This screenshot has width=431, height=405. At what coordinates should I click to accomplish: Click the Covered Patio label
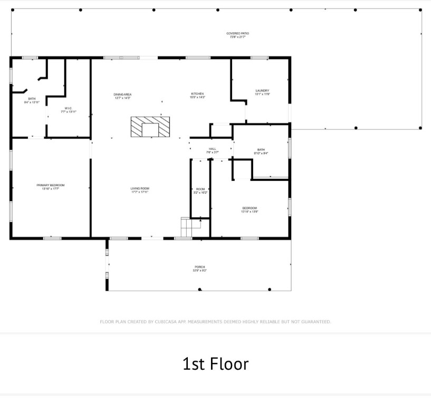237,33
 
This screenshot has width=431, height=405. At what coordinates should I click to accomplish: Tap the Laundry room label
262,91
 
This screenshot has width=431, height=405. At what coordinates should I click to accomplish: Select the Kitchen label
197,94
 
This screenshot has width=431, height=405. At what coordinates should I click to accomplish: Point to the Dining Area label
122,94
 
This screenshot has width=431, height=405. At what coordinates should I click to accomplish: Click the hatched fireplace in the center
150,127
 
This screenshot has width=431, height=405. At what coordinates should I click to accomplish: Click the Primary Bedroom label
51,185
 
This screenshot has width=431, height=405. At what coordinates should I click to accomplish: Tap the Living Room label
140,188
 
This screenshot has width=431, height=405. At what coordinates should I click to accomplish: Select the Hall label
212,149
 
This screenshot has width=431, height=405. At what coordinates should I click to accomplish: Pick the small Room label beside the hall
200,189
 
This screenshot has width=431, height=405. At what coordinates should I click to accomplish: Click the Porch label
199,267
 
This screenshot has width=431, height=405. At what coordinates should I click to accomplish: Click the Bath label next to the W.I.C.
32,99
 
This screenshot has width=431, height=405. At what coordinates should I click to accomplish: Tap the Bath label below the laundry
261,150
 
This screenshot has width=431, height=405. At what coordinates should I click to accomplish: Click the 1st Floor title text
215,364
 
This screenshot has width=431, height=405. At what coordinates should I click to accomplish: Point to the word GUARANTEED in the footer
314,322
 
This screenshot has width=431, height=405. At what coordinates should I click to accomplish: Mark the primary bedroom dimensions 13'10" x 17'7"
51,189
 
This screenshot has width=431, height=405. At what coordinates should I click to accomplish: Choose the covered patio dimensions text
237,37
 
